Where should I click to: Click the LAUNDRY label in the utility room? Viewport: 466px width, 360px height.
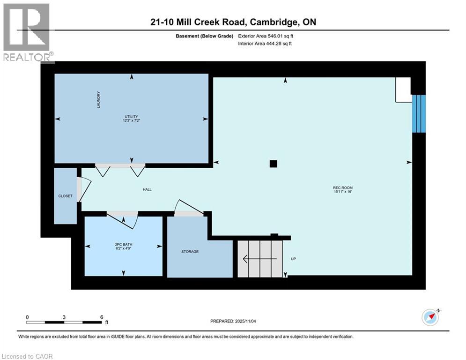click(99, 100)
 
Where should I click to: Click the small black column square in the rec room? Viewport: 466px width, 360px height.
click(274, 164)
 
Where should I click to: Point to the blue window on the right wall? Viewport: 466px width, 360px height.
click(419, 113)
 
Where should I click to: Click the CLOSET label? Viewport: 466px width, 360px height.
click(65, 196)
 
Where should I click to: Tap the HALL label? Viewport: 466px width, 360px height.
click(147, 190)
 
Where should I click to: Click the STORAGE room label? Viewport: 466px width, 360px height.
click(190, 252)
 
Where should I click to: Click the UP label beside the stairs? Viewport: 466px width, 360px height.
click(293, 259)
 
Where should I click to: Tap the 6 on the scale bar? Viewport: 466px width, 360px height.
click(101, 316)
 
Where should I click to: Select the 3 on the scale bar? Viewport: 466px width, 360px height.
click(64, 316)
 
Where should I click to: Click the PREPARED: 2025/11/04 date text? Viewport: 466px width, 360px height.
click(234, 321)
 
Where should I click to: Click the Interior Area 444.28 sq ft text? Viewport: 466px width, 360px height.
click(264, 44)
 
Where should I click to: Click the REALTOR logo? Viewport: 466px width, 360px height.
click(27, 33)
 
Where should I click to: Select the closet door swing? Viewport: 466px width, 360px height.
click(80, 189)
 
